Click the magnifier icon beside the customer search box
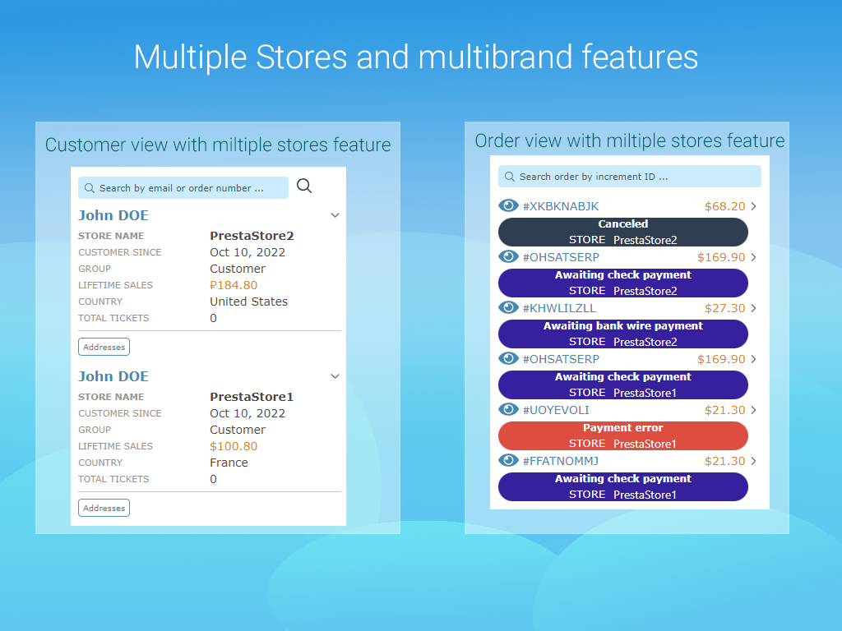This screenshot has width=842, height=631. (x=304, y=186)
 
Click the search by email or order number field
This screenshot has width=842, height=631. (x=183, y=188)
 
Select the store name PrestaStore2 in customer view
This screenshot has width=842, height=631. (x=252, y=236)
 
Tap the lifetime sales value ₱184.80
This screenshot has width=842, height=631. (x=234, y=285)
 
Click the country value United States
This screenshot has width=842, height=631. (x=248, y=302)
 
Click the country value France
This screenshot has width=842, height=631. (x=229, y=463)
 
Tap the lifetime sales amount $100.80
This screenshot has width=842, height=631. (x=234, y=446)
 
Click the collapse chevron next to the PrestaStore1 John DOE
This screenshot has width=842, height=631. (x=335, y=376)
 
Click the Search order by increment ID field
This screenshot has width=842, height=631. (x=629, y=177)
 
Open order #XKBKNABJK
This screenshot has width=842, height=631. (x=560, y=206)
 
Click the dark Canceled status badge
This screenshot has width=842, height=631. (x=623, y=232)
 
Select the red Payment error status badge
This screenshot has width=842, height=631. (x=623, y=435)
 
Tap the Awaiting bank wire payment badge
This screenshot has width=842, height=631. (x=623, y=334)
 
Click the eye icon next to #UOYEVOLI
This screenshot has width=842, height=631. (x=509, y=409)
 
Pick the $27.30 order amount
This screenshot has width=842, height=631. (x=724, y=308)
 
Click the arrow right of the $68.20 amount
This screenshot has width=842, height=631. (x=754, y=206)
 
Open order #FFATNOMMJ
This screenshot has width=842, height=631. (x=560, y=461)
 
